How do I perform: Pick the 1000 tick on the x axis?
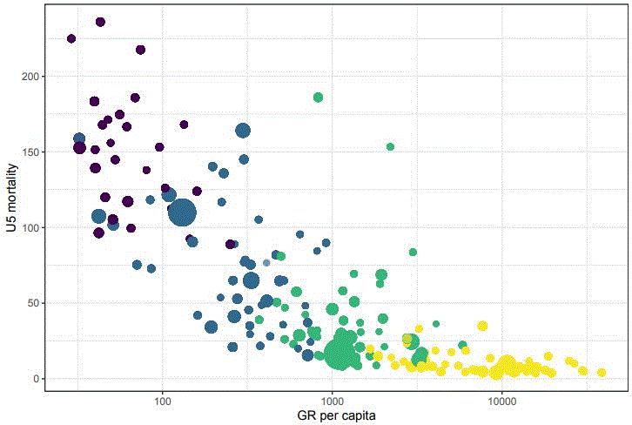pos(333,401)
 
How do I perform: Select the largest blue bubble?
pos(183,212)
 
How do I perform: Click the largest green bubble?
pos(341,354)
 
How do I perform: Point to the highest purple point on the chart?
pos(100,22)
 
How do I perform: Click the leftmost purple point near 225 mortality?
pos(71,39)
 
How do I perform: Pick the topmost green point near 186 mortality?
pos(318,98)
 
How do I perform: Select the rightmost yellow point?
pos(602,372)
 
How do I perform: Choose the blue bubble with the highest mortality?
pos(243,131)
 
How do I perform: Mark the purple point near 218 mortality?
pos(140,50)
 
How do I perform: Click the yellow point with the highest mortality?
pos(482,327)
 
